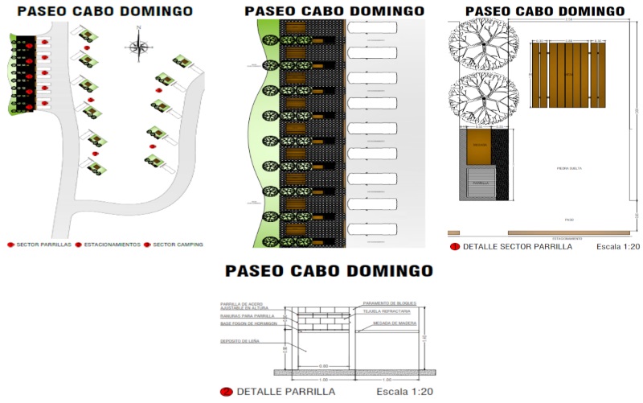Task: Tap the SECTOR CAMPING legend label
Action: (x=178, y=244)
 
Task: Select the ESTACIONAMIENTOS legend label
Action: (x=113, y=244)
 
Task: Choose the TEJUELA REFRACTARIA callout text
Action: (x=387, y=310)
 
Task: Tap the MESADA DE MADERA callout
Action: (x=390, y=323)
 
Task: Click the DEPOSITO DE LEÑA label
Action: (x=238, y=341)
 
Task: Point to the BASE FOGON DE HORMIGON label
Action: (x=248, y=323)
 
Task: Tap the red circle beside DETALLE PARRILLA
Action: (x=226, y=392)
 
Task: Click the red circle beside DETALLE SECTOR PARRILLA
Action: (x=455, y=247)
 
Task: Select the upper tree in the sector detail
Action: (x=480, y=43)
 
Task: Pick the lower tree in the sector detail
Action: (x=480, y=100)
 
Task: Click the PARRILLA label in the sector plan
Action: (x=481, y=183)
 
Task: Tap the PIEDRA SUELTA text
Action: (x=569, y=168)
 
